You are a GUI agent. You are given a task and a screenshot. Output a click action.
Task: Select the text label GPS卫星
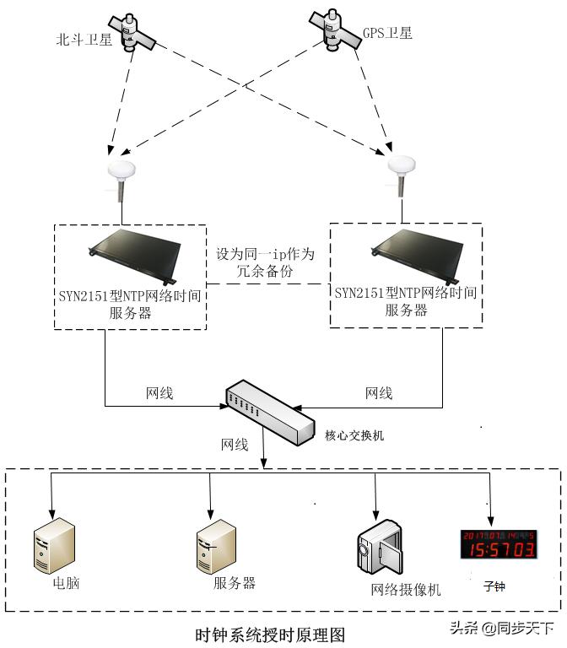point(388,34)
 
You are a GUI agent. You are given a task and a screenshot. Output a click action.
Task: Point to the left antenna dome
point(121,172)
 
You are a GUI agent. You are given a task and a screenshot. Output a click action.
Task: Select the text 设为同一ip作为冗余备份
point(265,262)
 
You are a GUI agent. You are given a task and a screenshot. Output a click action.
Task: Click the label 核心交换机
point(354,435)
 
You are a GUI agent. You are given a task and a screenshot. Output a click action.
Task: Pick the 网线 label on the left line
point(160,393)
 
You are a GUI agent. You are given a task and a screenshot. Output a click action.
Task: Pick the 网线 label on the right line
point(379,393)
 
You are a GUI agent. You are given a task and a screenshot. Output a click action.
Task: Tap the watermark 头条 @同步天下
point(502,628)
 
